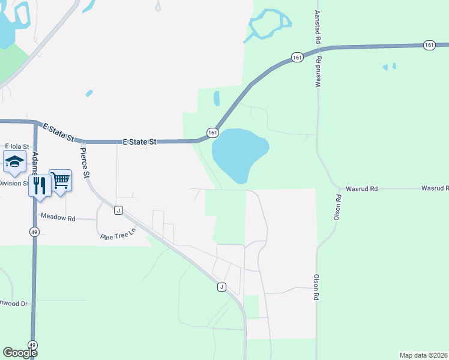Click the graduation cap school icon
coord(14,161)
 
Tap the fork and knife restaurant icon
coord(40,185)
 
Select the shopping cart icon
coord(61,179)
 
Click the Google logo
coord(19,353)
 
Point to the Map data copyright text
coord(423,355)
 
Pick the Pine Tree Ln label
coord(118,233)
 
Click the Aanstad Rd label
coord(316,27)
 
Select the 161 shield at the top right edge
coord(429,45)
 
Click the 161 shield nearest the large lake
coord(212,132)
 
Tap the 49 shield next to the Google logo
coord(32,346)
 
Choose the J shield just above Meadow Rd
coord(119,210)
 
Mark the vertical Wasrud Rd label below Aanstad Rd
coord(319,73)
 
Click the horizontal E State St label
coord(139,142)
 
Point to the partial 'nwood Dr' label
coord(14,304)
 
